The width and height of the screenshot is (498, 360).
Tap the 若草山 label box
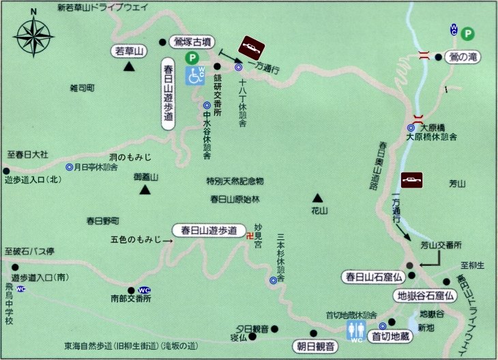[x=130, y=51]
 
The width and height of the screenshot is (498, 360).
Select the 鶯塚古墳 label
[x=195, y=40]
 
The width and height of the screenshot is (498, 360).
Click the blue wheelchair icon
[x=196, y=75]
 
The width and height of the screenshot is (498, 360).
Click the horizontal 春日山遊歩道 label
[x=209, y=230]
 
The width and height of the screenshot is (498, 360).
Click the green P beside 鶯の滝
[x=468, y=33]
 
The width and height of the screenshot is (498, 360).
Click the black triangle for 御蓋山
[x=145, y=190]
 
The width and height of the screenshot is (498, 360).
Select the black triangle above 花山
[x=316, y=196]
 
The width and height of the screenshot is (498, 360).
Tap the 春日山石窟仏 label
[x=375, y=277]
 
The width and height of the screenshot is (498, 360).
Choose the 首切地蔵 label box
[x=390, y=335]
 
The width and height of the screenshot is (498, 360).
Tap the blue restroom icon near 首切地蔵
[x=356, y=329]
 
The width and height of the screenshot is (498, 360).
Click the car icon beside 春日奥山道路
[x=412, y=180]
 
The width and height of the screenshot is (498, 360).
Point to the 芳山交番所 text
[x=441, y=245]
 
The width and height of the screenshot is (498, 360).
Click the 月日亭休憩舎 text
[x=96, y=167]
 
